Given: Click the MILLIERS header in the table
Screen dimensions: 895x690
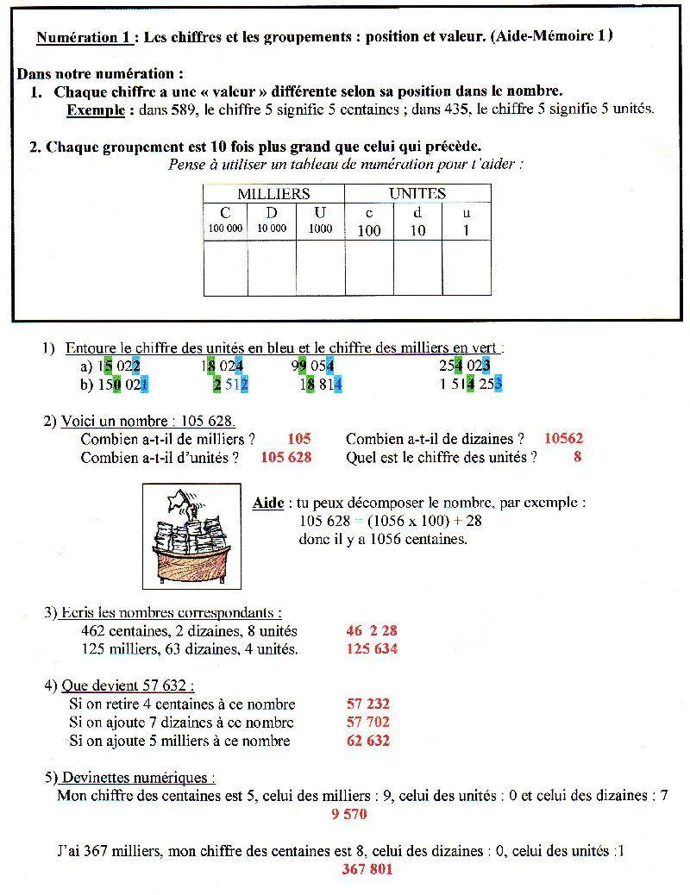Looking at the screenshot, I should pyautogui.click(x=273, y=194).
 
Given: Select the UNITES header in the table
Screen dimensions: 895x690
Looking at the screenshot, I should pyautogui.click(x=417, y=194).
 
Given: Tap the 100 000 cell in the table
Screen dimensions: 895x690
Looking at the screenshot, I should pyautogui.click(x=225, y=229).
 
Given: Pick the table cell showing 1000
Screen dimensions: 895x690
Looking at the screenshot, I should pyautogui.click(x=320, y=229).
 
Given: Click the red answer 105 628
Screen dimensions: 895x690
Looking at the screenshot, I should pyautogui.click(x=285, y=457).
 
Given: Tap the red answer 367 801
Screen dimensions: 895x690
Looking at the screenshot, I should pyautogui.click(x=367, y=869).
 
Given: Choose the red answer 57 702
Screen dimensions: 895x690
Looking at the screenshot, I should pyautogui.click(x=367, y=723).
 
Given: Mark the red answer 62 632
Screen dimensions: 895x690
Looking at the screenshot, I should pyautogui.click(x=367, y=741).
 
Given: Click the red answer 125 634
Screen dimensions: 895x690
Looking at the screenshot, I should pyautogui.click(x=372, y=648).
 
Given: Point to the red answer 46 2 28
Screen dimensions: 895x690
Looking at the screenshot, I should pyautogui.click(x=372, y=631).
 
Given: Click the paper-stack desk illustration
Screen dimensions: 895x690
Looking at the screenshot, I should pyautogui.click(x=191, y=535).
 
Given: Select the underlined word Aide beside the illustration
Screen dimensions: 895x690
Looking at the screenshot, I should pyautogui.click(x=268, y=503).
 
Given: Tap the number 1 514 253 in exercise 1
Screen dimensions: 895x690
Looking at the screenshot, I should pyautogui.click(x=471, y=384).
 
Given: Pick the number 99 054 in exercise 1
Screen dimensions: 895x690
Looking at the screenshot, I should pyautogui.click(x=313, y=366).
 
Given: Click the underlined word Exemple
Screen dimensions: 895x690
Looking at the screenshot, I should pyautogui.click(x=96, y=110).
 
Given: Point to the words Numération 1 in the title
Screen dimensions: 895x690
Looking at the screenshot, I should pyautogui.click(x=85, y=37).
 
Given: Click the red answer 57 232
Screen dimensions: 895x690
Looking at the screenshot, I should pyautogui.click(x=367, y=704).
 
